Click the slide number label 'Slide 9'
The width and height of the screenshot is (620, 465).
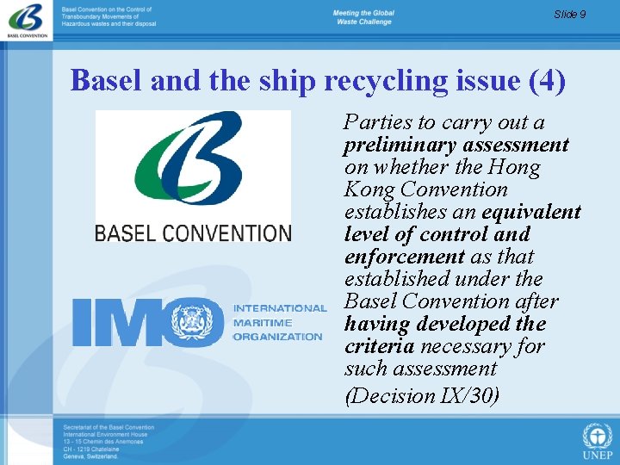(569, 14)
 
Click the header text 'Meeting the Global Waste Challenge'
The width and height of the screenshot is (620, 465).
(363, 17)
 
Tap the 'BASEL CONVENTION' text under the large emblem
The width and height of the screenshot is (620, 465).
(193, 232)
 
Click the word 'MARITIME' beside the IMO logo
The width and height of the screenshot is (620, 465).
(263, 323)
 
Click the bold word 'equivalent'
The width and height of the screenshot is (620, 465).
(531, 212)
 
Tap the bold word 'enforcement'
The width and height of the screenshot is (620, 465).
(404, 257)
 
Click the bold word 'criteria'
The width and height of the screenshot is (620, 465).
(379, 346)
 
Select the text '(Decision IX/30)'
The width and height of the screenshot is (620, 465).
(421, 395)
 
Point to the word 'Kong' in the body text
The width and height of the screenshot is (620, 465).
(368, 189)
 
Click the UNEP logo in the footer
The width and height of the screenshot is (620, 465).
(598, 440)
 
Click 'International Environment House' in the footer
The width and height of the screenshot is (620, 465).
(104, 435)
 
